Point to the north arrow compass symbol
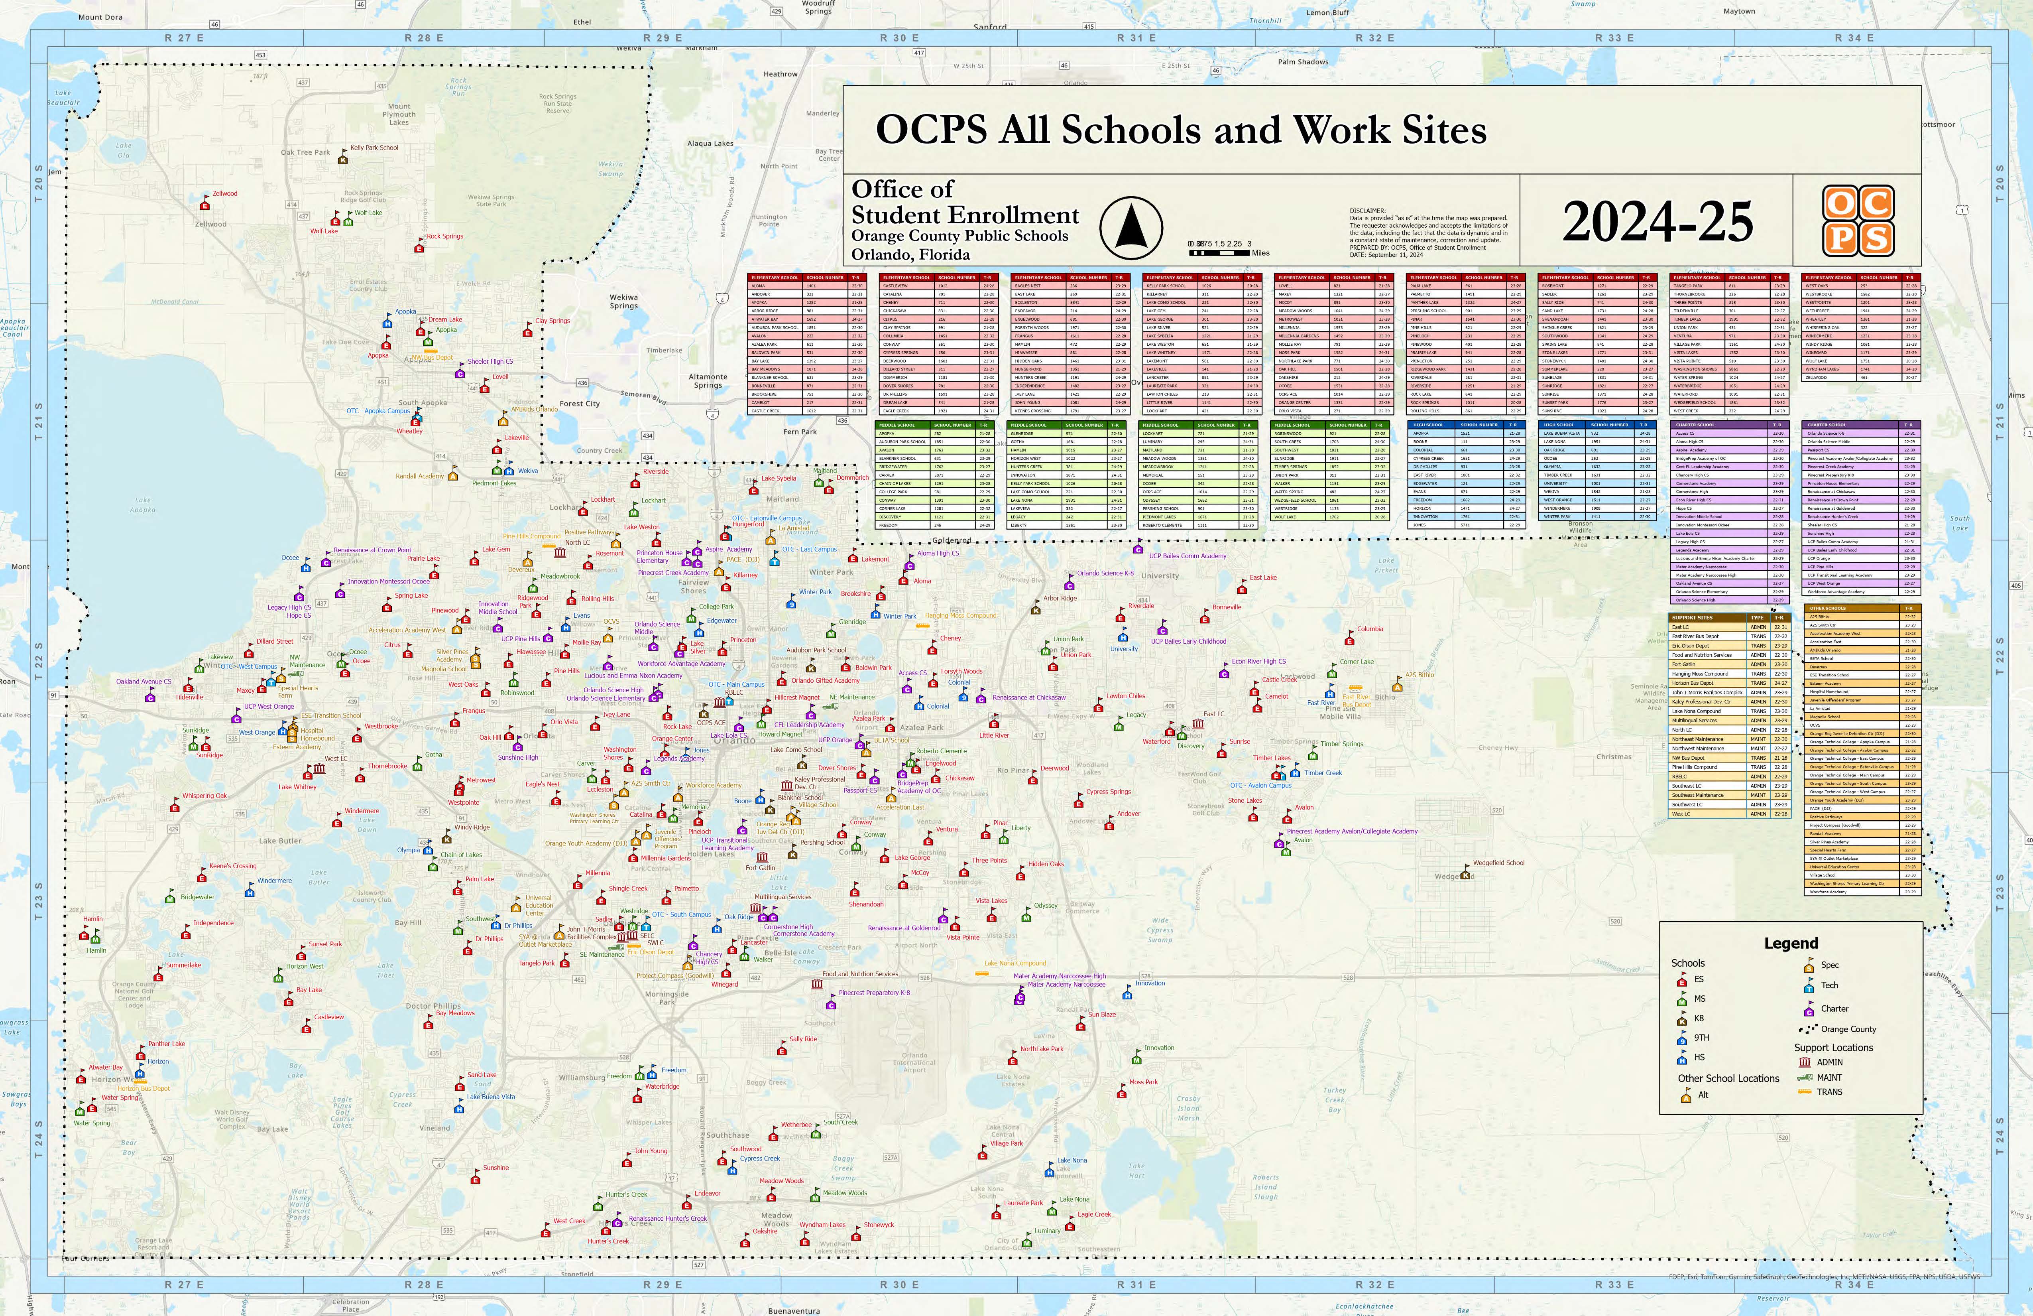(x=1130, y=227)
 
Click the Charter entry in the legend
(x=1834, y=1009)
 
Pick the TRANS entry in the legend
(x=1829, y=1092)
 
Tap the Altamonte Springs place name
(x=708, y=381)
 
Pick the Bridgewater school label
(x=197, y=897)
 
